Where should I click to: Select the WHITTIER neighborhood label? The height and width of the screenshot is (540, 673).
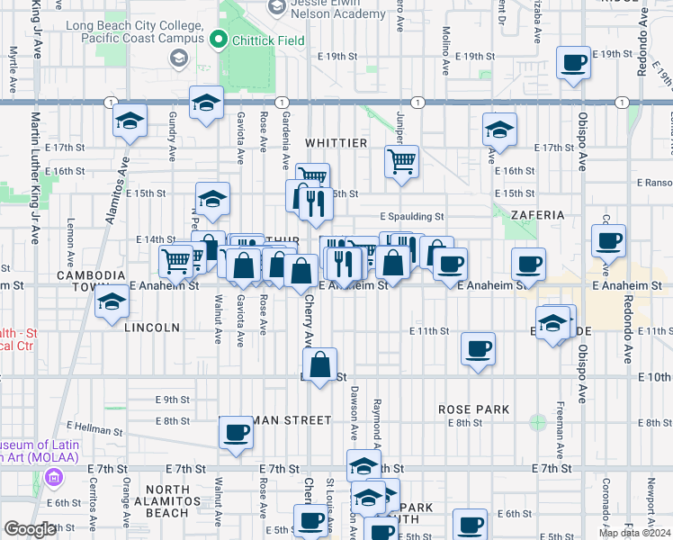(x=336, y=143)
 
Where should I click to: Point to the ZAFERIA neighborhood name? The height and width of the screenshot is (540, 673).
(x=537, y=216)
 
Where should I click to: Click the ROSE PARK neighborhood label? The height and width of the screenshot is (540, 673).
(x=474, y=409)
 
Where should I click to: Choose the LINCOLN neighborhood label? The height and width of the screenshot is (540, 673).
(x=154, y=328)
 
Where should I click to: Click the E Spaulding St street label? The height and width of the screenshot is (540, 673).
(x=411, y=217)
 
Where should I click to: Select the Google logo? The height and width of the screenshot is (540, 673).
(x=30, y=529)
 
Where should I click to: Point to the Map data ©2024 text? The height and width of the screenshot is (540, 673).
(x=634, y=533)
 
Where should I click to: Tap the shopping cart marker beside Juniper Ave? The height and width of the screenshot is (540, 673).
(x=402, y=163)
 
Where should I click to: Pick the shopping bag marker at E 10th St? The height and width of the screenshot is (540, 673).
(x=320, y=365)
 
